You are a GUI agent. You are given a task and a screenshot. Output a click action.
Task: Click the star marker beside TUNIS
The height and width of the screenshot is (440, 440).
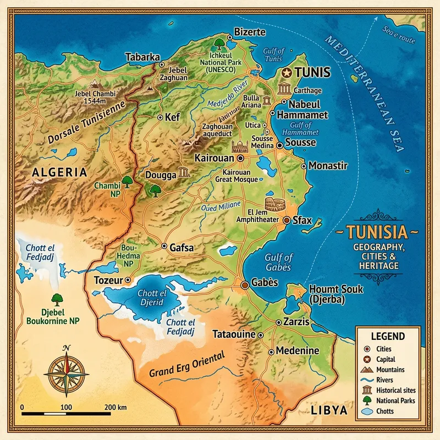(285, 73)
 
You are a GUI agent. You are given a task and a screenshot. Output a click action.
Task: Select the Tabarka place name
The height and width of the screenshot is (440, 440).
(142, 57)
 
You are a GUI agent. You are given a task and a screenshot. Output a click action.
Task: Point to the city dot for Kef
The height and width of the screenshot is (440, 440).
(160, 117)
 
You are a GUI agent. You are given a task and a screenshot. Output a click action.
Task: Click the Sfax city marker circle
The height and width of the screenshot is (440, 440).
(287, 220)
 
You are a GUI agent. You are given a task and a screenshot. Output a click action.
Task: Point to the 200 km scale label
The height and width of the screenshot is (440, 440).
(114, 407)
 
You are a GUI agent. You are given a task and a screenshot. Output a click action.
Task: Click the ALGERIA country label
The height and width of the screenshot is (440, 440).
(59, 172)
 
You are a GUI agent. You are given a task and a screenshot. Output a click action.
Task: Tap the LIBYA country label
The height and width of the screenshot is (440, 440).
(329, 411)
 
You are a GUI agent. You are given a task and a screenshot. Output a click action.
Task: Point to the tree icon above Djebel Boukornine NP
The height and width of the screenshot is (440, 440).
(56, 299)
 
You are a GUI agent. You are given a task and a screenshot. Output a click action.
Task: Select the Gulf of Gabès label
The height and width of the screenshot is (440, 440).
(279, 262)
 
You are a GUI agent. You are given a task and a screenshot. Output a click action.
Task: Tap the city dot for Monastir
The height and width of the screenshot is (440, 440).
(304, 166)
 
